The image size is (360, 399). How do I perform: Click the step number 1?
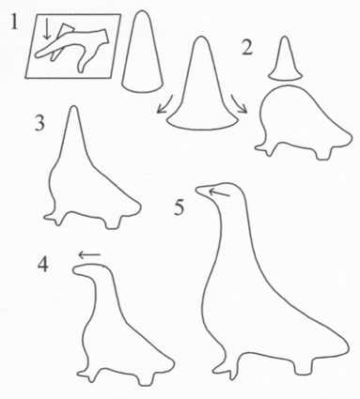(x=14, y=22)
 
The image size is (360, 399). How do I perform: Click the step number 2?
(x=247, y=48)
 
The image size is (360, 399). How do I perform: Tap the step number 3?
(x=39, y=124)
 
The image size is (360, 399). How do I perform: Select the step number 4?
(x=43, y=265)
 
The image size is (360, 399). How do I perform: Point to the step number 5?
(x=179, y=207)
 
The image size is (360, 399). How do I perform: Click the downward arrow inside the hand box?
(x=47, y=29)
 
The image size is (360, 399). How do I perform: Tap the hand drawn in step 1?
(x=72, y=48)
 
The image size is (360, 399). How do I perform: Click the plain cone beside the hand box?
(x=142, y=52)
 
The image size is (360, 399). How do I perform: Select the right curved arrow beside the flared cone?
(x=240, y=104)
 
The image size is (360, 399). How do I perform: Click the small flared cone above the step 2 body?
(x=285, y=59)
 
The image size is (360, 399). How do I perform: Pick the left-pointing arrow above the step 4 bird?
(x=89, y=255)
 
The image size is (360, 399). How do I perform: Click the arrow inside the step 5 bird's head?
(x=219, y=192)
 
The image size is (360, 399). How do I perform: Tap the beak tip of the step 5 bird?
(x=197, y=189)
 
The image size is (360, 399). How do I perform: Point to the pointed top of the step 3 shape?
(x=74, y=108)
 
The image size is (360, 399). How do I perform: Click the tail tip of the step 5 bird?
(x=348, y=346)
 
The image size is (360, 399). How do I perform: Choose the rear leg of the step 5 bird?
(x=304, y=367)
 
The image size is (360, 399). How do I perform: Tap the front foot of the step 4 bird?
(x=87, y=374)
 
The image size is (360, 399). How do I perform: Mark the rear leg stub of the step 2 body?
(x=323, y=153)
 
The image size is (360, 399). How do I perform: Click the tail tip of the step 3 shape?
(x=139, y=207)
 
